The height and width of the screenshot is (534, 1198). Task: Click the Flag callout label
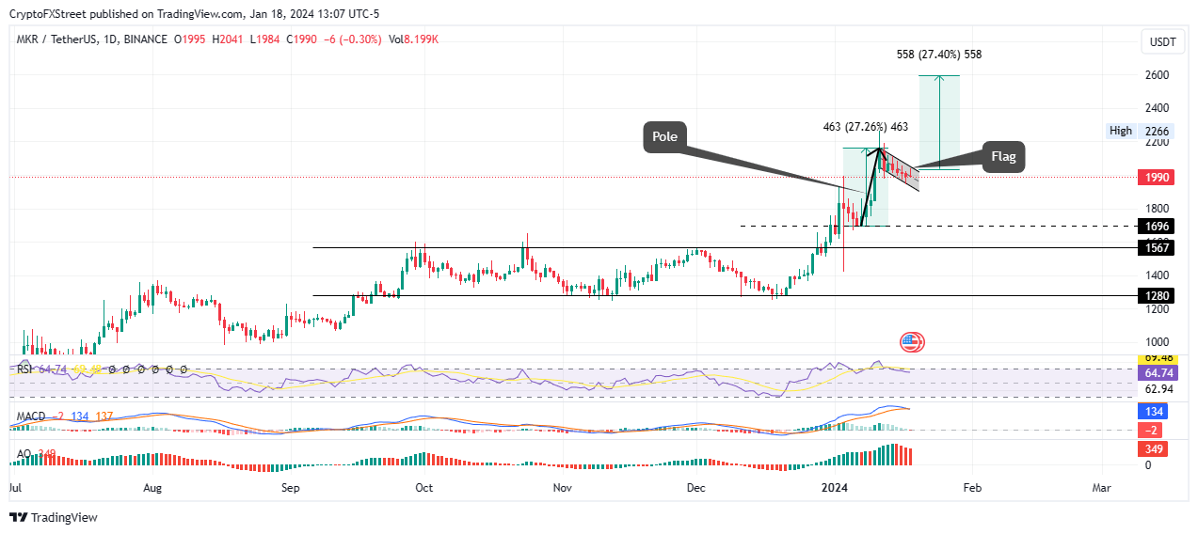[1003, 157]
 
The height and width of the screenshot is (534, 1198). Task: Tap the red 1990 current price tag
[1156, 177]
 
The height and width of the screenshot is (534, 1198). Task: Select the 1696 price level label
[1156, 227]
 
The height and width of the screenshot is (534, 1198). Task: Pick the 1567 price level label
[1156, 248]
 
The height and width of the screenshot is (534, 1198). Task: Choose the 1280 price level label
[1156, 296]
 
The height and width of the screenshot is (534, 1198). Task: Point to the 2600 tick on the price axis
[1157, 75]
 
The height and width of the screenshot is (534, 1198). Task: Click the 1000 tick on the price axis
[1157, 342]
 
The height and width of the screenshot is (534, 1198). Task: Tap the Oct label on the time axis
[423, 488]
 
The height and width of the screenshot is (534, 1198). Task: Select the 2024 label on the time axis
[835, 488]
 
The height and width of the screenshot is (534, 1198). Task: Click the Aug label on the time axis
[152, 488]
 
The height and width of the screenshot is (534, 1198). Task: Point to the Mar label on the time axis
[1101, 488]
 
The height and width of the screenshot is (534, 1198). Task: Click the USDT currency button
[1164, 42]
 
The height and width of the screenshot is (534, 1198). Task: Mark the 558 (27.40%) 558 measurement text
[938, 55]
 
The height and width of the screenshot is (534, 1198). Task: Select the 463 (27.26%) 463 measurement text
[865, 127]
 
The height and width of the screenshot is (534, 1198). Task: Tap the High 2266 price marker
[1139, 132]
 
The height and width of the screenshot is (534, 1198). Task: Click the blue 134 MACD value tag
[1155, 412]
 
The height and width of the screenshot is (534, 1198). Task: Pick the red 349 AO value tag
[1155, 449]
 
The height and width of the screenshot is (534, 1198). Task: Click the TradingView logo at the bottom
[54, 517]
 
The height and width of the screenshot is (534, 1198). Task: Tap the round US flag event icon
[911, 343]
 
